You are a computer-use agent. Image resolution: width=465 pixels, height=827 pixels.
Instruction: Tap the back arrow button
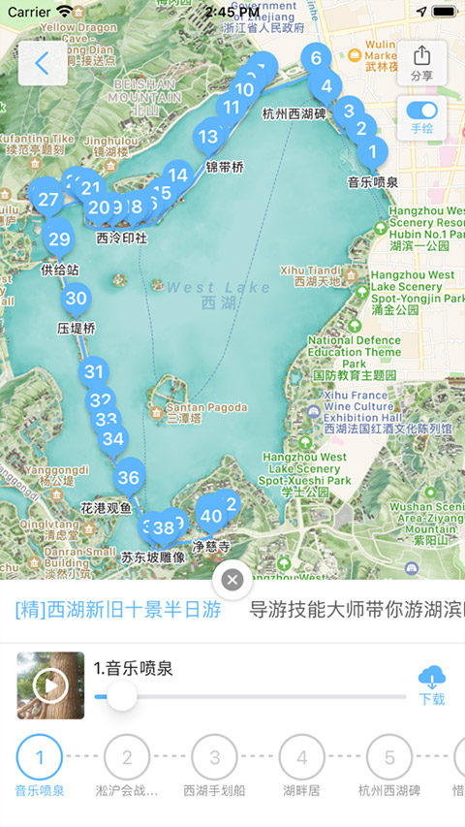43,64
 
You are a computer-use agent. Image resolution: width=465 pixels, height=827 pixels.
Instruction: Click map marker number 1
371,151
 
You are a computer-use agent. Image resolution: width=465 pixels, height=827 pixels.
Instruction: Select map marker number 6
316,58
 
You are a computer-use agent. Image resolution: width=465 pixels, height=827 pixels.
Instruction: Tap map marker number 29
59,239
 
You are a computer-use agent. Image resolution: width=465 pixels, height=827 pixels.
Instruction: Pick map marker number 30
76,299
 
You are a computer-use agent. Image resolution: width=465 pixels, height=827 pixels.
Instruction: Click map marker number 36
128,477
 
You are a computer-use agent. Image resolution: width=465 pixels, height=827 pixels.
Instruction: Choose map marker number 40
209,516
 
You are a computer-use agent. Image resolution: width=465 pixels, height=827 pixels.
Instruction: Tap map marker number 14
177,175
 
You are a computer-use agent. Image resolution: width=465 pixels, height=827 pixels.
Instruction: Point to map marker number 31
93,370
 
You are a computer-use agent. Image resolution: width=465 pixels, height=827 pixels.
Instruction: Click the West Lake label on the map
205,295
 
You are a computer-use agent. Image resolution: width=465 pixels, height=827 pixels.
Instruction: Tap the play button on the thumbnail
50,685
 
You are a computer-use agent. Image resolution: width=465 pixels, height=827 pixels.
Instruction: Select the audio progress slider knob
121,695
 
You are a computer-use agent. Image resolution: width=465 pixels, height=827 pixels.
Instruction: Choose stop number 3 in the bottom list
215,757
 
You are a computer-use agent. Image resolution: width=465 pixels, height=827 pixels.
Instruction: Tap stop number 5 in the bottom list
389,757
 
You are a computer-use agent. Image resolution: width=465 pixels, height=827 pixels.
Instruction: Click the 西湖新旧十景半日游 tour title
118,610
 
